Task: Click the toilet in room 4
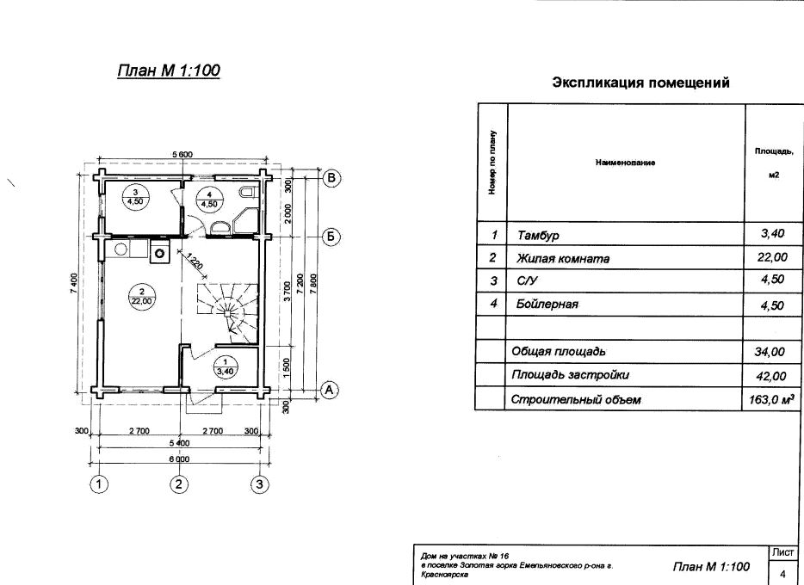247,192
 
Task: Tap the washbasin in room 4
220,227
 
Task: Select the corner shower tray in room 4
244,221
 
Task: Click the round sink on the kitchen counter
121,249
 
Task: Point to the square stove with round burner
159,253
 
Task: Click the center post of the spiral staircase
227,312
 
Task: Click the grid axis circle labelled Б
331,237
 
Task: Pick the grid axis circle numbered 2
178,484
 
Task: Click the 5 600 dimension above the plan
182,155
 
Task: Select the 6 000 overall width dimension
178,459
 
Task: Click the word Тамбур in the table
538,236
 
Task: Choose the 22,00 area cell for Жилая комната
772,256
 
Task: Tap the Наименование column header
625,163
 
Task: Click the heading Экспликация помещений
640,83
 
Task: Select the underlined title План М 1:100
169,71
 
